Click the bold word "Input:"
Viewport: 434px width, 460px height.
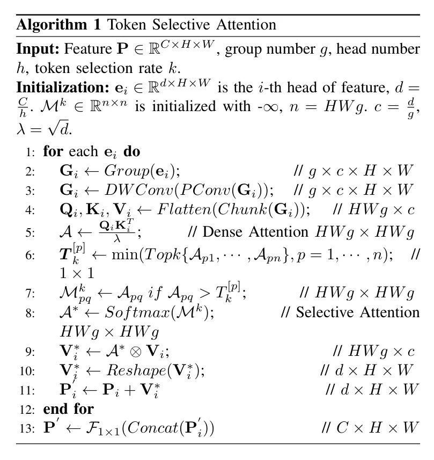(x=38, y=50)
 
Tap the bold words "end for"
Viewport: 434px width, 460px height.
(x=69, y=409)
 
